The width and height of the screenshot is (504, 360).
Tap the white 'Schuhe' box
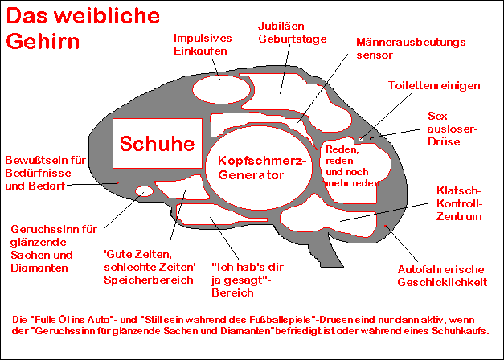tap(158, 144)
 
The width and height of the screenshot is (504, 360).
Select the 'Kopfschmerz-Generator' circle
tap(256, 168)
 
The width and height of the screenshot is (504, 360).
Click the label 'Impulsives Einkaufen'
tap(204, 44)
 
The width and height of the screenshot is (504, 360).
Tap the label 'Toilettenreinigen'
tap(434, 85)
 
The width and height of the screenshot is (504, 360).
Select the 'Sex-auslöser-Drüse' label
tap(454, 129)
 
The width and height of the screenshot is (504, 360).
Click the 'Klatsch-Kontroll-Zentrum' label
tap(458, 204)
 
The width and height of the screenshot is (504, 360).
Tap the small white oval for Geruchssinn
tap(145, 191)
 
